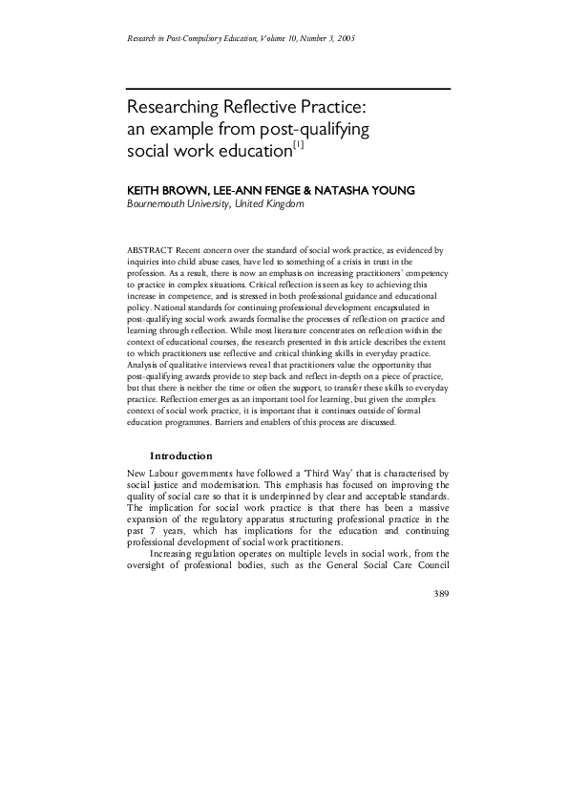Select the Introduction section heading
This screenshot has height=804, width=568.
[181, 455]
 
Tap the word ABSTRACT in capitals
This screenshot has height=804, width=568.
[149, 249]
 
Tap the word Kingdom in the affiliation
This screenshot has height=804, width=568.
[280, 204]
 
